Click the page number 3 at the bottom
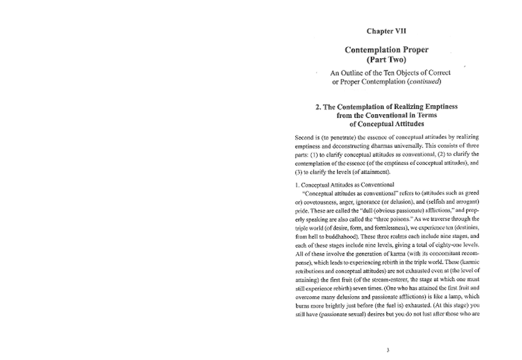[388, 350]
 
